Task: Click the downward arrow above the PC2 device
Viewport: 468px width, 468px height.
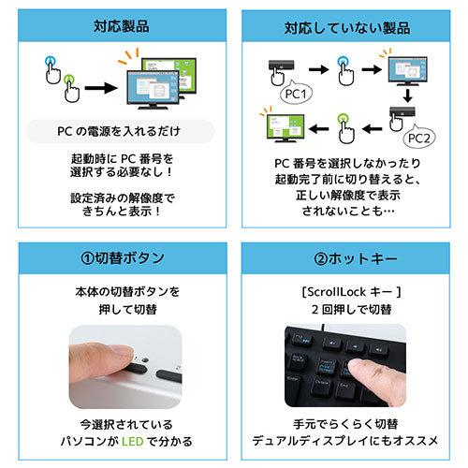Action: click(408, 97)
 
